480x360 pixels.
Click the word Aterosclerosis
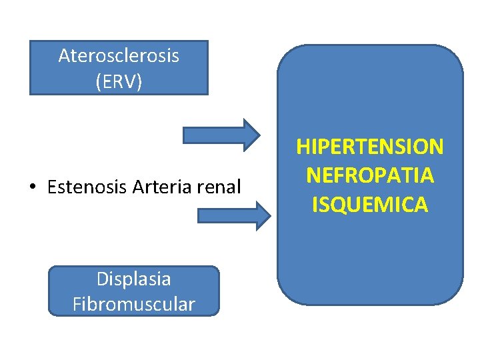click(x=119, y=55)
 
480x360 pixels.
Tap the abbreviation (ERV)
click(x=119, y=82)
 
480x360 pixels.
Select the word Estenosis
click(x=88, y=187)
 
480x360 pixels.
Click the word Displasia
click(x=133, y=279)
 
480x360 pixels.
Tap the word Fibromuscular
click(x=133, y=305)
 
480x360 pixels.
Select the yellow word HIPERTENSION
click(x=370, y=146)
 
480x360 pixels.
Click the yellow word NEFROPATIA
click(x=370, y=175)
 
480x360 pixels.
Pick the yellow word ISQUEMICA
click(x=370, y=205)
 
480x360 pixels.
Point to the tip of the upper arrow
click(x=259, y=135)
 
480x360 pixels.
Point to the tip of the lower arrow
click(x=269, y=215)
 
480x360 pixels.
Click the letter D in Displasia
click(x=102, y=279)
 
